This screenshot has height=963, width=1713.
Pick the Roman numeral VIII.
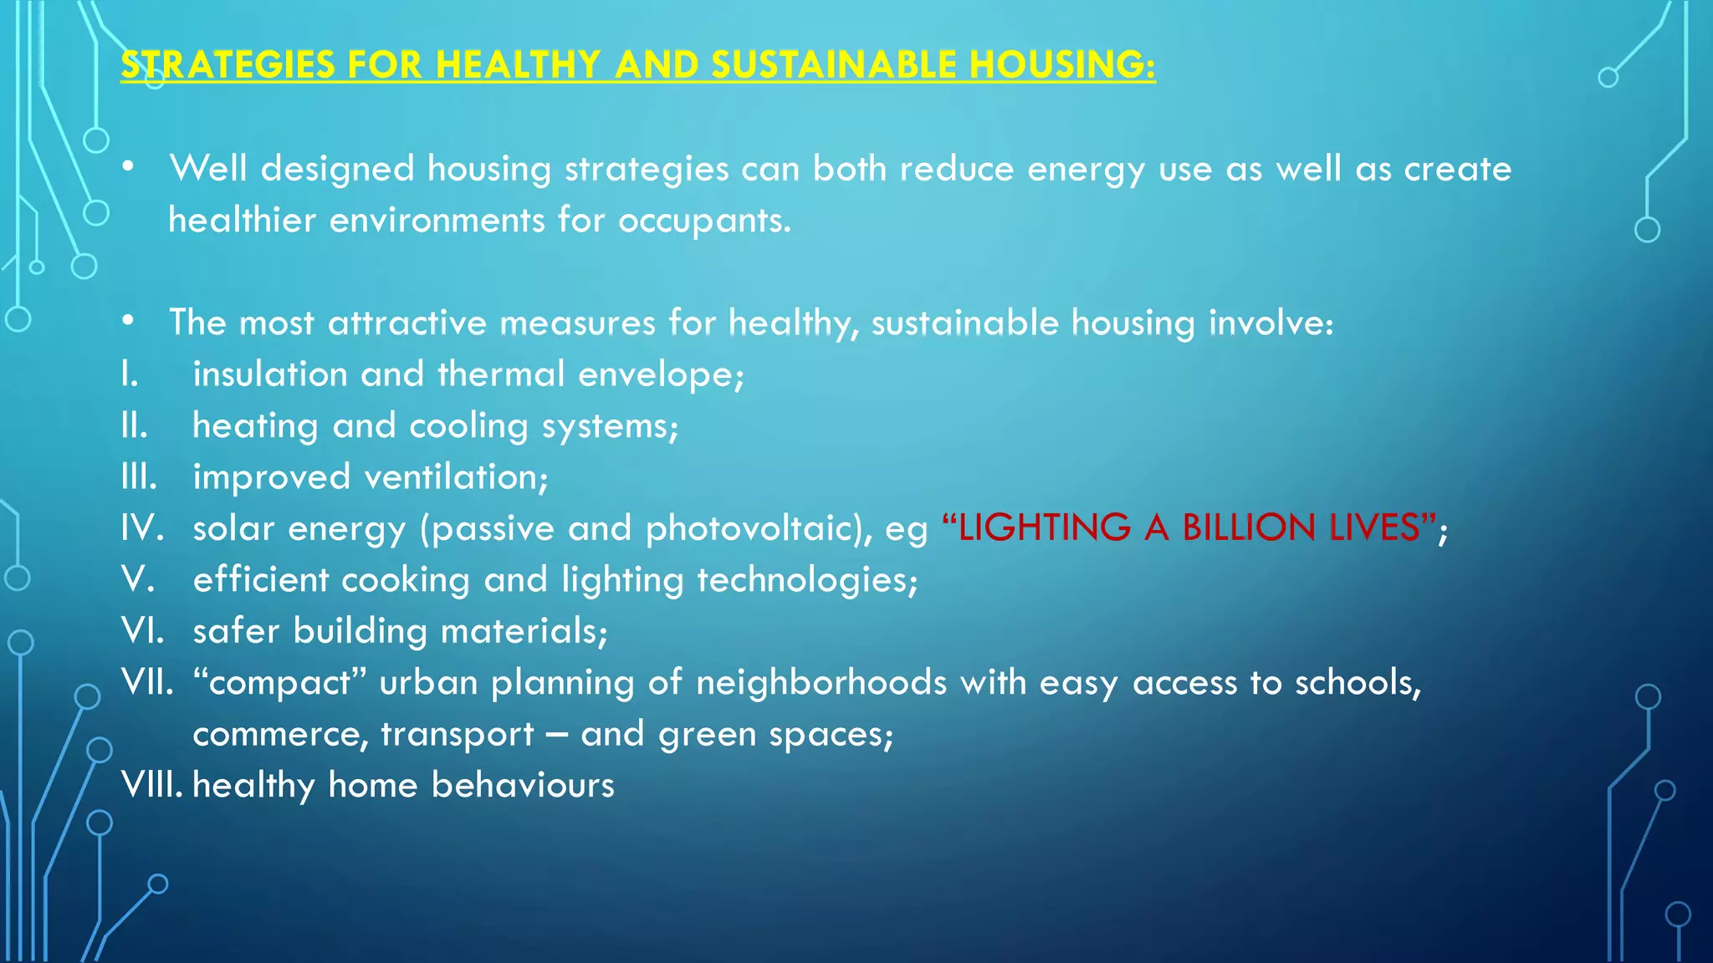[x=151, y=785]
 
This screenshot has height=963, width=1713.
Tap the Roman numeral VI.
[x=142, y=630]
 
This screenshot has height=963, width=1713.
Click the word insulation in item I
[x=270, y=374]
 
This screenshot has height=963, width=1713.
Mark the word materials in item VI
[x=523, y=630]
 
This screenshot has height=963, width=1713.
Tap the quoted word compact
[x=280, y=683]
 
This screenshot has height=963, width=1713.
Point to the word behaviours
[x=523, y=785]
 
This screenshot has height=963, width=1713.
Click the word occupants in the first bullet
[x=703, y=221]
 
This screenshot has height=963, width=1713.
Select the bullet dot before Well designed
[x=127, y=167]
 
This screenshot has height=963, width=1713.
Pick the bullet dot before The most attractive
[x=127, y=321]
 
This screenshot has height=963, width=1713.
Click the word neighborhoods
[x=821, y=682]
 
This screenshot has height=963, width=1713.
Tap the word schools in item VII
[x=1357, y=682]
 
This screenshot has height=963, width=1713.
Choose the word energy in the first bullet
[x=1086, y=170]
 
